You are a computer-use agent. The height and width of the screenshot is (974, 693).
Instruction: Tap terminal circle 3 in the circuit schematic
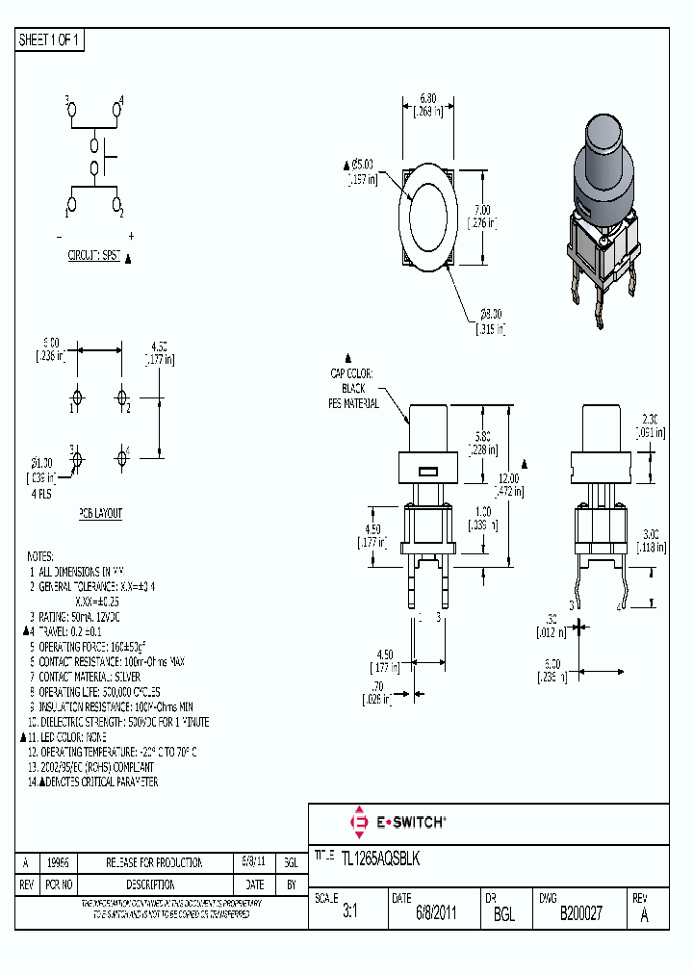coord(71,112)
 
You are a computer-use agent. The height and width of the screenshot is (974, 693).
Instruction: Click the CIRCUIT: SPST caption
coord(94,257)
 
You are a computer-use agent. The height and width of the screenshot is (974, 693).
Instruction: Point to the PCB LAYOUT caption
coord(100,514)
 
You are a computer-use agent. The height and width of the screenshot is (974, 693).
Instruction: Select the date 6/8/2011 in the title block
coord(436,913)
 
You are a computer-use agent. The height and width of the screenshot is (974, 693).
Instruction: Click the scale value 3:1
coord(349,913)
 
